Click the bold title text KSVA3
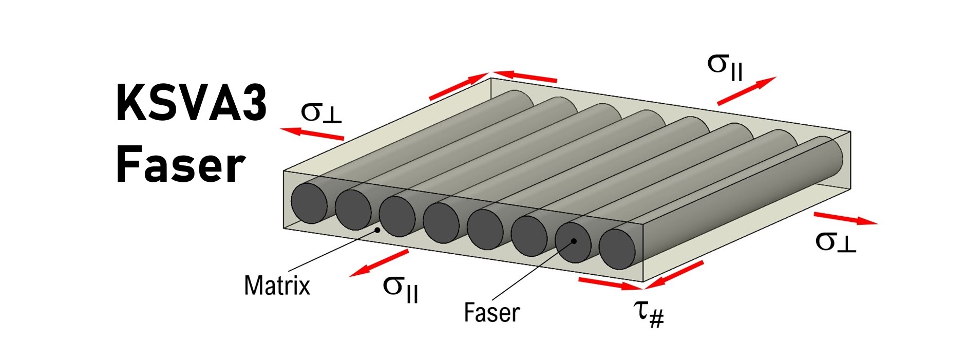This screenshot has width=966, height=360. (191, 104)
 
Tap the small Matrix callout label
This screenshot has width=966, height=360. (277, 286)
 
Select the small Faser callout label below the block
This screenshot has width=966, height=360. (491, 312)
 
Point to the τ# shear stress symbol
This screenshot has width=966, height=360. (649, 311)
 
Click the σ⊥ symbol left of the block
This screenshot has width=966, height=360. (320, 112)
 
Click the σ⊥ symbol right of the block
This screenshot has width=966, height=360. (836, 241)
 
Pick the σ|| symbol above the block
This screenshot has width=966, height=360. (725, 67)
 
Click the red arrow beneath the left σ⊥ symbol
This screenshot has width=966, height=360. (312, 133)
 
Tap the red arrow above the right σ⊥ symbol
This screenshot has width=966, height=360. (845, 218)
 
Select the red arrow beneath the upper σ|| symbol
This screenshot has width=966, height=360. (746, 91)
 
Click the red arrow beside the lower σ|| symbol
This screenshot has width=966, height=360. (379, 263)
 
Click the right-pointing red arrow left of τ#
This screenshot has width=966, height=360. (609, 283)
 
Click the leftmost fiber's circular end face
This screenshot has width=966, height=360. (309, 203)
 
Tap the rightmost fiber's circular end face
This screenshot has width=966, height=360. (617, 250)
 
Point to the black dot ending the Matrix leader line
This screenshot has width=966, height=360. (378, 230)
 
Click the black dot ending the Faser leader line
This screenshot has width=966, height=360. (574, 241)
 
